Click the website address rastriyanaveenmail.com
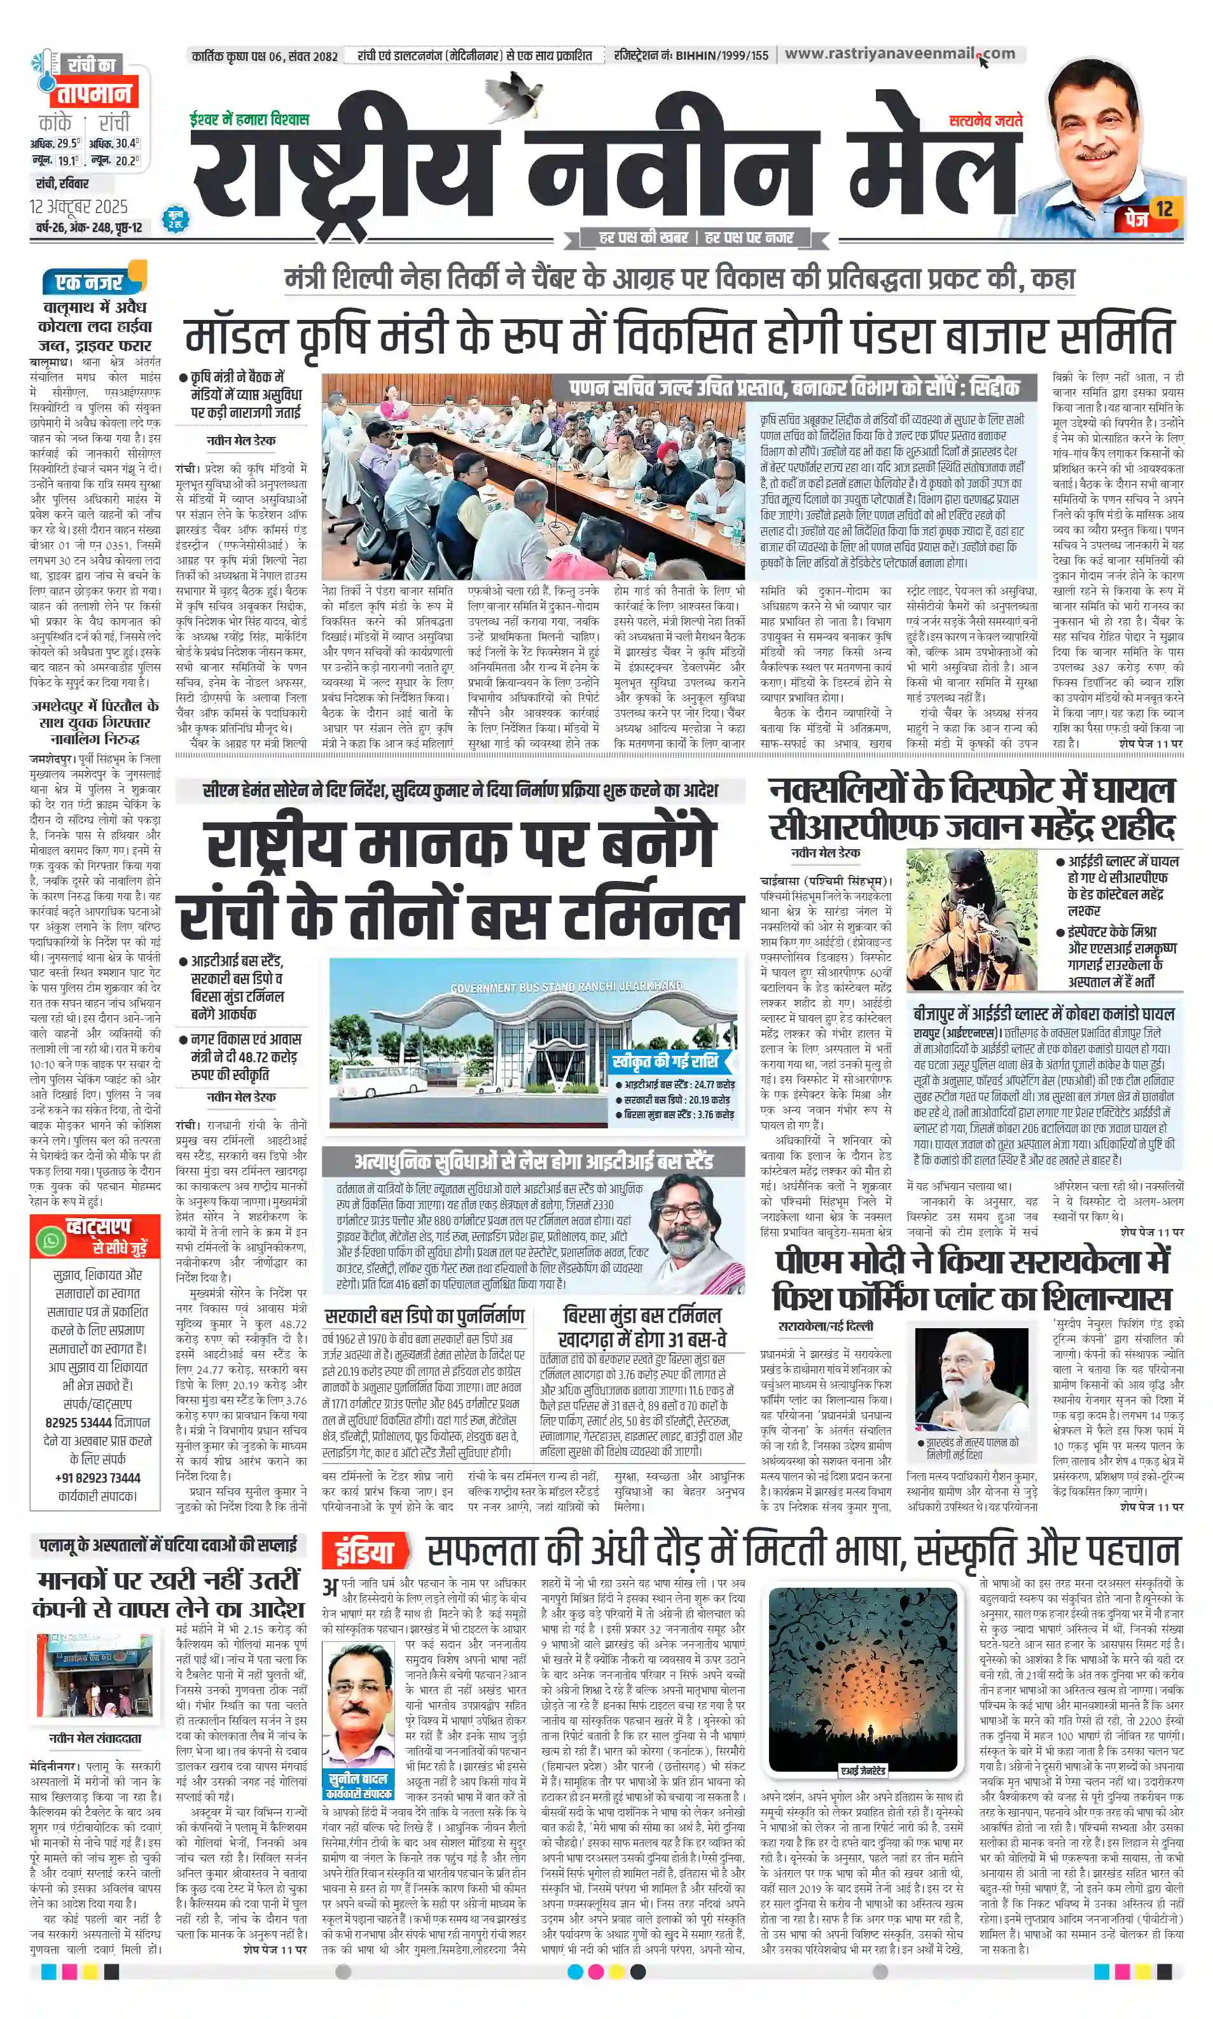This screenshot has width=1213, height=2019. click(899, 54)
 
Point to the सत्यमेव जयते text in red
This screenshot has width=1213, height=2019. click(985, 120)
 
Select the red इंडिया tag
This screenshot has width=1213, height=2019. click(364, 1551)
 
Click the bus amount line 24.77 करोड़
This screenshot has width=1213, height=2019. click(679, 1085)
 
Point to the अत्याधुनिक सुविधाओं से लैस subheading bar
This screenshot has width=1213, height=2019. click(533, 1162)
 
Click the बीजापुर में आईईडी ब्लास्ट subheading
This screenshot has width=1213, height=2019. click(1043, 1013)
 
